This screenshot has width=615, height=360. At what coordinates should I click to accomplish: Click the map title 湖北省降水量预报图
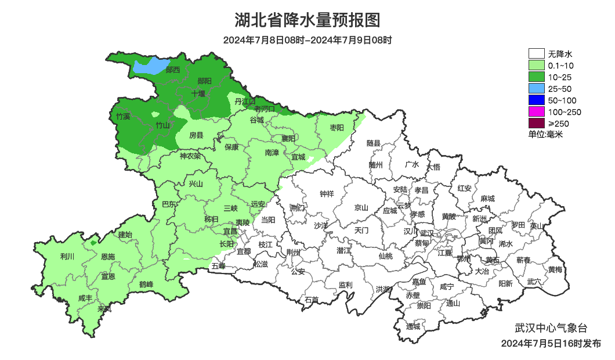click(307, 21)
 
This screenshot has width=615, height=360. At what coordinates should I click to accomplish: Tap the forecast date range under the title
click(307, 40)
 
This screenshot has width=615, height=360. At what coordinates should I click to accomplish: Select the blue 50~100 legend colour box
click(537, 100)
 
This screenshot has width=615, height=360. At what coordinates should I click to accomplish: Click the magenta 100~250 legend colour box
click(537, 111)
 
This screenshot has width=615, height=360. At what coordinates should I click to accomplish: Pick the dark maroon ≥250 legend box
click(537, 123)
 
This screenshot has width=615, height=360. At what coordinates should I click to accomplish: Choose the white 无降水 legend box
click(537, 54)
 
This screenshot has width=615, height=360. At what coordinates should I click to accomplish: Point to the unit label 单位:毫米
click(545, 134)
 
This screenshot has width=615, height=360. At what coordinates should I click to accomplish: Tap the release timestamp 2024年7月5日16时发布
click(551, 344)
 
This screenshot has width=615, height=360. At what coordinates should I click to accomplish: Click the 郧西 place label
click(172, 70)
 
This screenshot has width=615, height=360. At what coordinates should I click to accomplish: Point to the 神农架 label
click(190, 156)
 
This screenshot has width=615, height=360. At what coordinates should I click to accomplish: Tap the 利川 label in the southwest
click(67, 256)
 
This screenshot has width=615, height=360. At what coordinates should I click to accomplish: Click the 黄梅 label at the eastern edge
click(555, 269)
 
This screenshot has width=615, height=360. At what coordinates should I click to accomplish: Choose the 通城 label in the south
click(413, 326)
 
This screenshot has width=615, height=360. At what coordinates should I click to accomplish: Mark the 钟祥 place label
click(328, 194)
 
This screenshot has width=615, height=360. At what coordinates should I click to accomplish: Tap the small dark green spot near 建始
click(93, 242)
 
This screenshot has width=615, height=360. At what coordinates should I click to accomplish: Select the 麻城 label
click(487, 199)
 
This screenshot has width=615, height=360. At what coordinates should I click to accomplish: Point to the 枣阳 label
click(337, 127)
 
